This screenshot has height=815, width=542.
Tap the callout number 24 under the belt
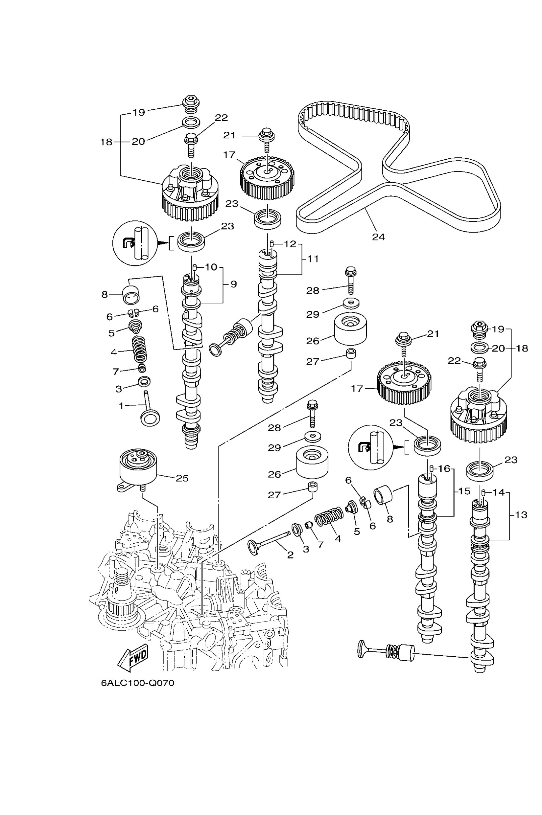pyautogui.click(x=379, y=237)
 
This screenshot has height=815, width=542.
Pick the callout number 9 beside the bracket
pyautogui.click(x=234, y=284)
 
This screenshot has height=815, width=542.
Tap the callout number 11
pyautogui.click(x=313, y=259)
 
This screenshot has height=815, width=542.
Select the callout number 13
pyautogui.click(x=521, y=515)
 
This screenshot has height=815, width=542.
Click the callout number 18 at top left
pyautogui.click(x=106, y=142)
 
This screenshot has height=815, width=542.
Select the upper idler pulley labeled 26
pyautogui.click(x=350, y=329)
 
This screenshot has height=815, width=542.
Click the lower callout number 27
pyautogui.click(x=274, y=495)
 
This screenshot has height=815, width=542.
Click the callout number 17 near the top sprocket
pyautogui.click(x=229, y=155)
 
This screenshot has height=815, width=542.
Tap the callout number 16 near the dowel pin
pyautogui.click(x=444, y=469)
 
